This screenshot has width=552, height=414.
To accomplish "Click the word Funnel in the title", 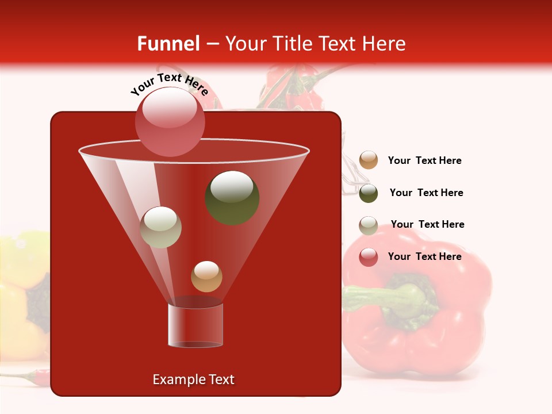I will (x=168, y=44).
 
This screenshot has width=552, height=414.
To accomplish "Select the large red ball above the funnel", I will (x=170, y=121).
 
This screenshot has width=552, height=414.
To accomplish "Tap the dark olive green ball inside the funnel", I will (x=232, y=197).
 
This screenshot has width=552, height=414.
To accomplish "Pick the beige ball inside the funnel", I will (x=161, y=227).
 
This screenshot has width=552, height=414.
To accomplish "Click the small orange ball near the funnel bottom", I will (x=206, y=277).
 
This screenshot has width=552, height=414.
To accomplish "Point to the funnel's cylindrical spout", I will (x=195, y=325).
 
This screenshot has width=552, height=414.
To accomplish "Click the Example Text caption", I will (x=193, y=379).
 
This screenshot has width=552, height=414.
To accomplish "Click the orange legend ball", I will (x=369, y=160).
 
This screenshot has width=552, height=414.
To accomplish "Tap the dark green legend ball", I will (x=369, y=193).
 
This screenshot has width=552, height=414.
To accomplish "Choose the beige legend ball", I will (x=369, y=225).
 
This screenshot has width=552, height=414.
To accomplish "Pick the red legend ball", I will (x=369, y=257).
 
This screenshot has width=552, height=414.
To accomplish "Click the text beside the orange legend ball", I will (x=424, y=160).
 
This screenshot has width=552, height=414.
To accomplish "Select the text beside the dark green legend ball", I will (x=426, y=193).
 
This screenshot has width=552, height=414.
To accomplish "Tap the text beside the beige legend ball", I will (x=427, y=224).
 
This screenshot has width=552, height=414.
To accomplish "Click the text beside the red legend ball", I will (x=424, y=256).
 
